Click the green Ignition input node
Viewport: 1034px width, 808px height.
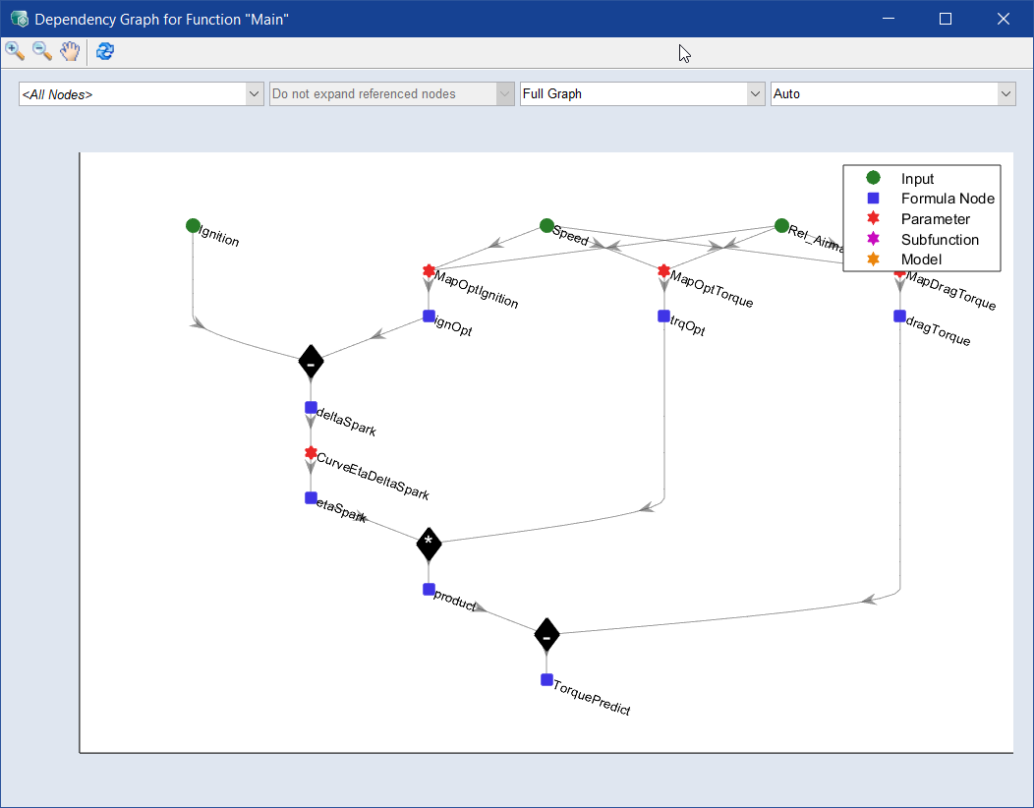click(193, 225)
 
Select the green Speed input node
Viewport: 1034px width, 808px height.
click(546, 225)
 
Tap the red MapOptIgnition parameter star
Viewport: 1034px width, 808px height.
click(429, 270)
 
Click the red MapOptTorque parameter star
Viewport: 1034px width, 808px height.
click(664, 270)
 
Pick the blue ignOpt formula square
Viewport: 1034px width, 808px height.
click(429, 317)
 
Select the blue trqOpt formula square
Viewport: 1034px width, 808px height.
click(664, 317)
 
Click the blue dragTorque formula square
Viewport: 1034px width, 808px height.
click(899, 317)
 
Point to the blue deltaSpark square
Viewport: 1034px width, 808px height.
click(311, 407)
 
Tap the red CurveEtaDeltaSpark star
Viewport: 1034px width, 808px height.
click(311, 453)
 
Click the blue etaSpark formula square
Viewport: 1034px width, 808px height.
click(311, 497)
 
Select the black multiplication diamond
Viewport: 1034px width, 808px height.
click(429, 544)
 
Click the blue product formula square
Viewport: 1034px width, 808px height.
click(429, 589)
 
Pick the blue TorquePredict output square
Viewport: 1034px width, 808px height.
click(546, 679)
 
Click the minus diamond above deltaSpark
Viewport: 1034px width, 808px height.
click(311, 363)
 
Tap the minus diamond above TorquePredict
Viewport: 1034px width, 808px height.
click(546, 635)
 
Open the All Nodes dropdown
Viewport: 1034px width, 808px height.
click(142, 94)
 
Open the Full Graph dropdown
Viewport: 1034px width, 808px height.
click(642, 94)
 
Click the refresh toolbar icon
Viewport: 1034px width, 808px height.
click(105, 51)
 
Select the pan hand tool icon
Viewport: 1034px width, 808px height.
click(69, 51)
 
